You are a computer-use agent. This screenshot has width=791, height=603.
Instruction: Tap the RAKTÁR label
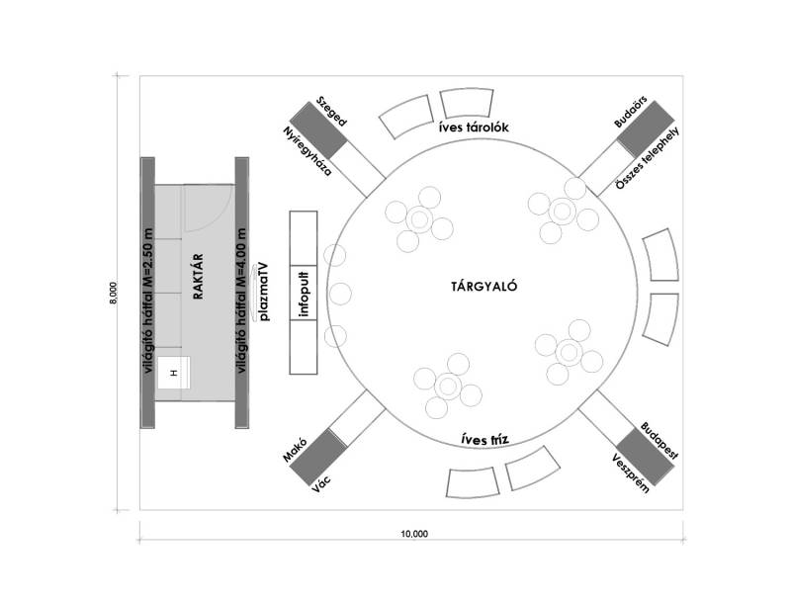(x=198, y=283)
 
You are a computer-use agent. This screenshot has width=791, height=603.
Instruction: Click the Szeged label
(x=331, y=113)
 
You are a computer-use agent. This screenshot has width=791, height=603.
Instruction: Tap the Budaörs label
(x=629, y=111)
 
